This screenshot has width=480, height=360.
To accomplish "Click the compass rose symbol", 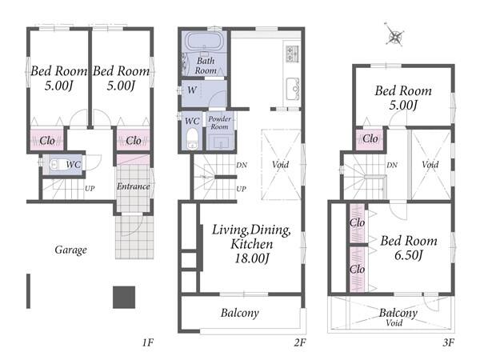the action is (x=394, y=36).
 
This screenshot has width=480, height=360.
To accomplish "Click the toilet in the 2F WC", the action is (x=192, y=138).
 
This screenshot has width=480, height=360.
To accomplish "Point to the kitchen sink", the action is (x=292, y=89).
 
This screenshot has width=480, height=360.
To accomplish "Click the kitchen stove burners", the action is (x=292, y=54).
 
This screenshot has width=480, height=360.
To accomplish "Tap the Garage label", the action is (x=70, y=250).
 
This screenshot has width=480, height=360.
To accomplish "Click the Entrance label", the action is (x=133, y=186).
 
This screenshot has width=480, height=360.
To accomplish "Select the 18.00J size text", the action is (x=252, y=258).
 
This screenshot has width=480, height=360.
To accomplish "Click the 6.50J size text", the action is (x=409, y=255).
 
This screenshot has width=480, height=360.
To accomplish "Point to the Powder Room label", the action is (x=219, y=122).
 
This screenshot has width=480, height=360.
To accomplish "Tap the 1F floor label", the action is (x=147, y=342).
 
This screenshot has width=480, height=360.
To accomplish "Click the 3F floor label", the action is (x=449, y=342).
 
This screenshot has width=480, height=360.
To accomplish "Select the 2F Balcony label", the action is (x=240, y=313).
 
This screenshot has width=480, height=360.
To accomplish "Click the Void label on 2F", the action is (x=281, y=164).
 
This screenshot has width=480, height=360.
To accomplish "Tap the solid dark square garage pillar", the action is (x=124, y=298).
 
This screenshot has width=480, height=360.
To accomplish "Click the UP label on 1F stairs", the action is (x=90, y=189).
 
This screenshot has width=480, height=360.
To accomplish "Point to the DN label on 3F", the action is (x=392, y=166).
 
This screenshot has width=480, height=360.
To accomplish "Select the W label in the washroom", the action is (x=192, y=90).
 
